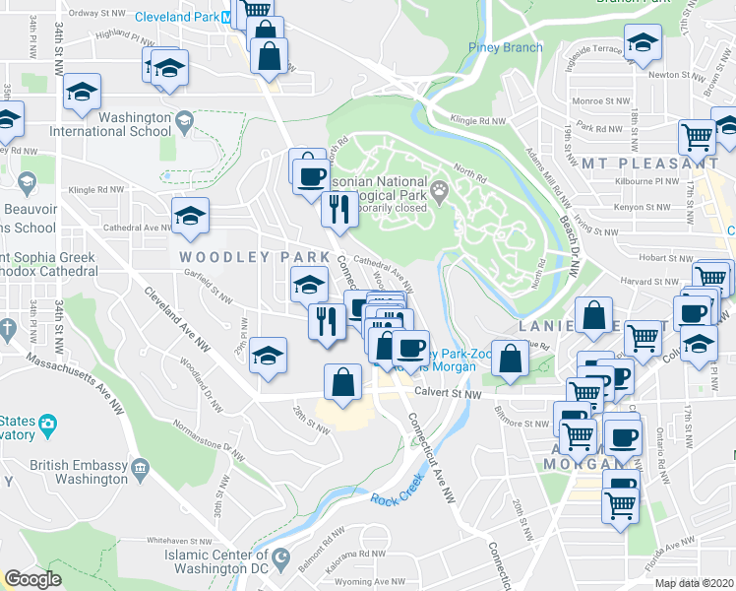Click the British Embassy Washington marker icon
139,465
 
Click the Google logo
32,579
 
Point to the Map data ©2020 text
694,583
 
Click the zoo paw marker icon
439,188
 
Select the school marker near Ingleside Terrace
643,41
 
